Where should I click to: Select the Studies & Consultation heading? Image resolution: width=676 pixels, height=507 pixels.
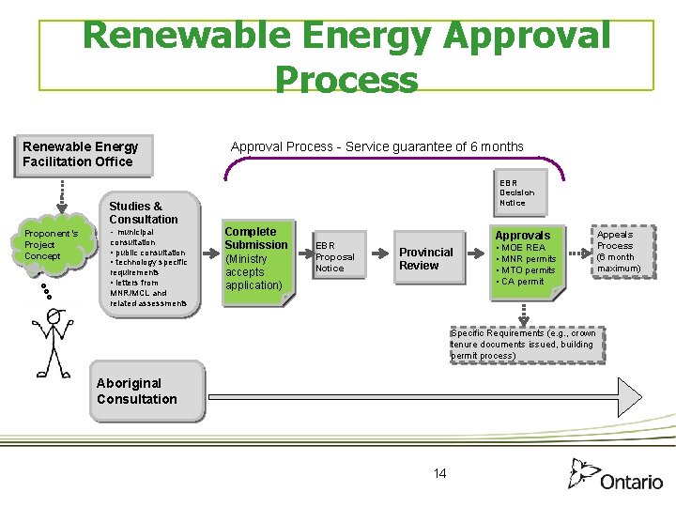coord(143,212)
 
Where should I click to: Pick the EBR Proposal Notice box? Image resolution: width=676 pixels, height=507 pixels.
coord(335,256)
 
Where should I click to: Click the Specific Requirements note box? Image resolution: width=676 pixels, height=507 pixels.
coord(524,345)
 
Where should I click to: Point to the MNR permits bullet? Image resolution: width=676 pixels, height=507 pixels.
coord(528,259)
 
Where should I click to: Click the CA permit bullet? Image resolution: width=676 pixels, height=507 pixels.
coord(522,282)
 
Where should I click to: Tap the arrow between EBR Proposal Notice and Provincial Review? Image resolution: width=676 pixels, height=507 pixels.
coord(378,253)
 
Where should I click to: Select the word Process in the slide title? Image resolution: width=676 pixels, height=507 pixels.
coord(346,79)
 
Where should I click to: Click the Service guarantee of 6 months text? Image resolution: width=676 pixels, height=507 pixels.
coord(434,146)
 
